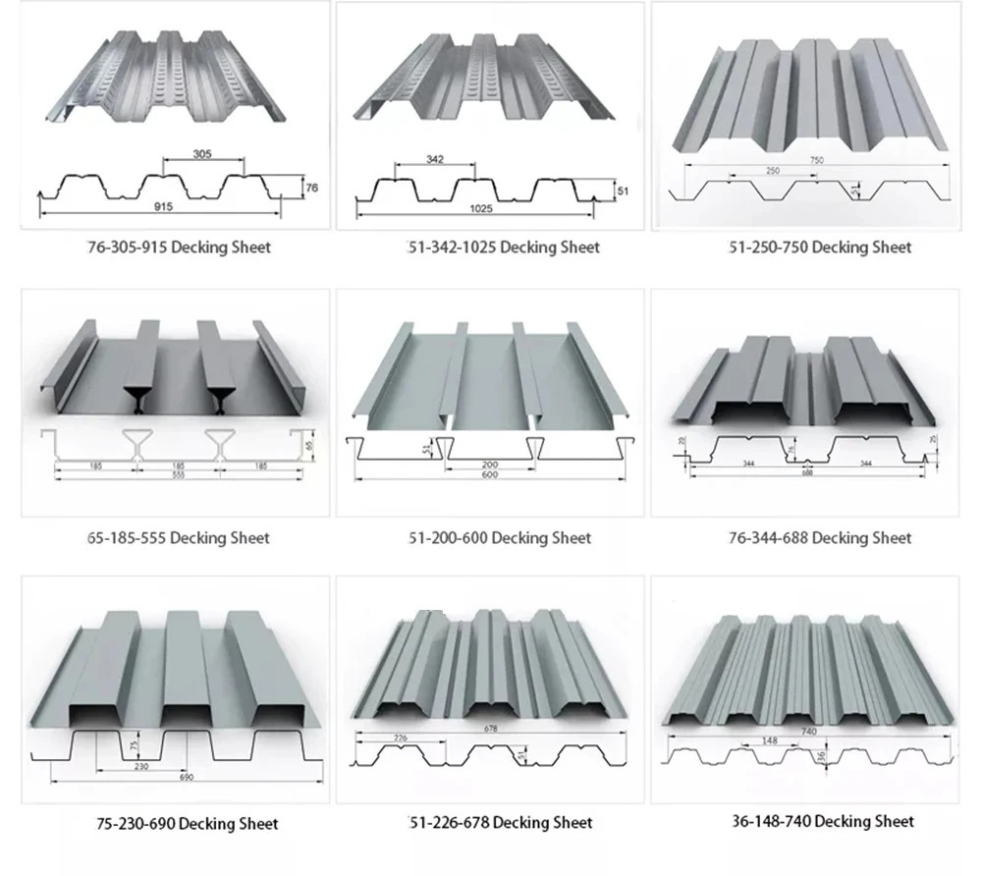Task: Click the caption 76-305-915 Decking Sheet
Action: pyautogui.click(x=178, y=247)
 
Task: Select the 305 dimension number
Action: pyautogui.click(x=202, y=153)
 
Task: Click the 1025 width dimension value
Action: pyautogui.click(x=481, y=208)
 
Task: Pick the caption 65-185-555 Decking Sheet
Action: pyautogui.click(x=178, y=538)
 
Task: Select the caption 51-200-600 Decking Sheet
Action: pyautogui.click(x=499, y=538)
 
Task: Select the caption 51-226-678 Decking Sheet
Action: pyautogui.click(x=500, y=822)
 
